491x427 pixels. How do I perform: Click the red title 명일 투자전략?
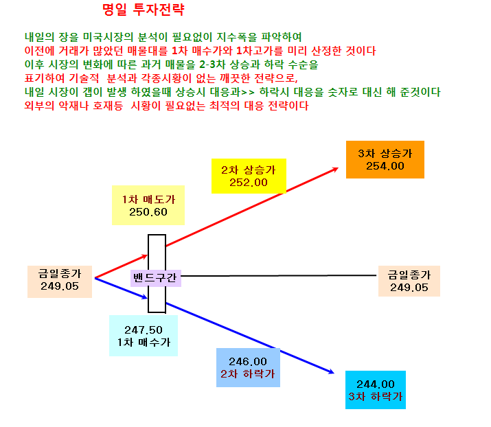point(144,10)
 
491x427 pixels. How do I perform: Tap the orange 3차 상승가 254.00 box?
point(385,160)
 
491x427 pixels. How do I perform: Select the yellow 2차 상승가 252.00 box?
point(249,176)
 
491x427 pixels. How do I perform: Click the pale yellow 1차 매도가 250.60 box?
point(148,205)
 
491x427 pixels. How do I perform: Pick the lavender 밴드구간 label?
point(156,278)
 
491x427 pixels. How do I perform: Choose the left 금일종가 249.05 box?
point(60,281)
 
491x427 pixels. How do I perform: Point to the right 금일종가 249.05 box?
point(409,281)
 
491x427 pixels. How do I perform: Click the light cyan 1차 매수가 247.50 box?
point(144,336)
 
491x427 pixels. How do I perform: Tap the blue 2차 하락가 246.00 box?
point(248,367)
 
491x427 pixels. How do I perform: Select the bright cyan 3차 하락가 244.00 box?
point(376,390)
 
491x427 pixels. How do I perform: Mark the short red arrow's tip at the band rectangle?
point(148,255)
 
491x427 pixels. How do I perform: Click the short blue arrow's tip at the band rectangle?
point(148,298)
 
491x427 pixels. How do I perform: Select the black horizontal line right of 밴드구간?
point(278,276)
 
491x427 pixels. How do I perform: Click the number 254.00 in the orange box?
point(385,166)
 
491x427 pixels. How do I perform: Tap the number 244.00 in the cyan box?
point(376,384)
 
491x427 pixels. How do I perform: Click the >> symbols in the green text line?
point(247,93)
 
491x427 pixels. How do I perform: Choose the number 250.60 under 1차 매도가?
point(148,212)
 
